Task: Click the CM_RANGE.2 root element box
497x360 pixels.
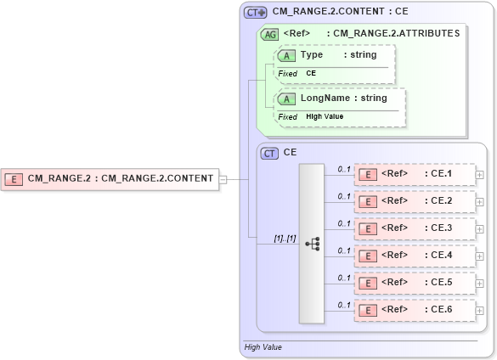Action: tap(110, 179)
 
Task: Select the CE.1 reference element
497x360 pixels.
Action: tap(415, 174)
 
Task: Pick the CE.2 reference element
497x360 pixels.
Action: tap(415, 201)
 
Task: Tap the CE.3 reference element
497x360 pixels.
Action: tap(415, 228)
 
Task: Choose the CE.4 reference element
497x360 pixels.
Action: tap(415, 256)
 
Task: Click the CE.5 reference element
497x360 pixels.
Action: tap(415, 283)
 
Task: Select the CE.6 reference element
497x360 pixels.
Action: tap(415, 310)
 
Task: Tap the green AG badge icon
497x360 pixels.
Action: tap(269, 34)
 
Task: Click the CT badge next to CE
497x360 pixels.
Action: tap(269, 154)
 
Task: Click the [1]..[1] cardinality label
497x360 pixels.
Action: tap(285, 239)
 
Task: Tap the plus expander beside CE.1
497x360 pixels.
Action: tap(480, 175)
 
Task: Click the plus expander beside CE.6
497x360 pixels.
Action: tap(480, 311)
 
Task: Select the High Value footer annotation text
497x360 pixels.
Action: tap(263, 347)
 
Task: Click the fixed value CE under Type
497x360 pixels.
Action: tap(312, 73)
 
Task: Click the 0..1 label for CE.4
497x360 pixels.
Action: tap(344, 250)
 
